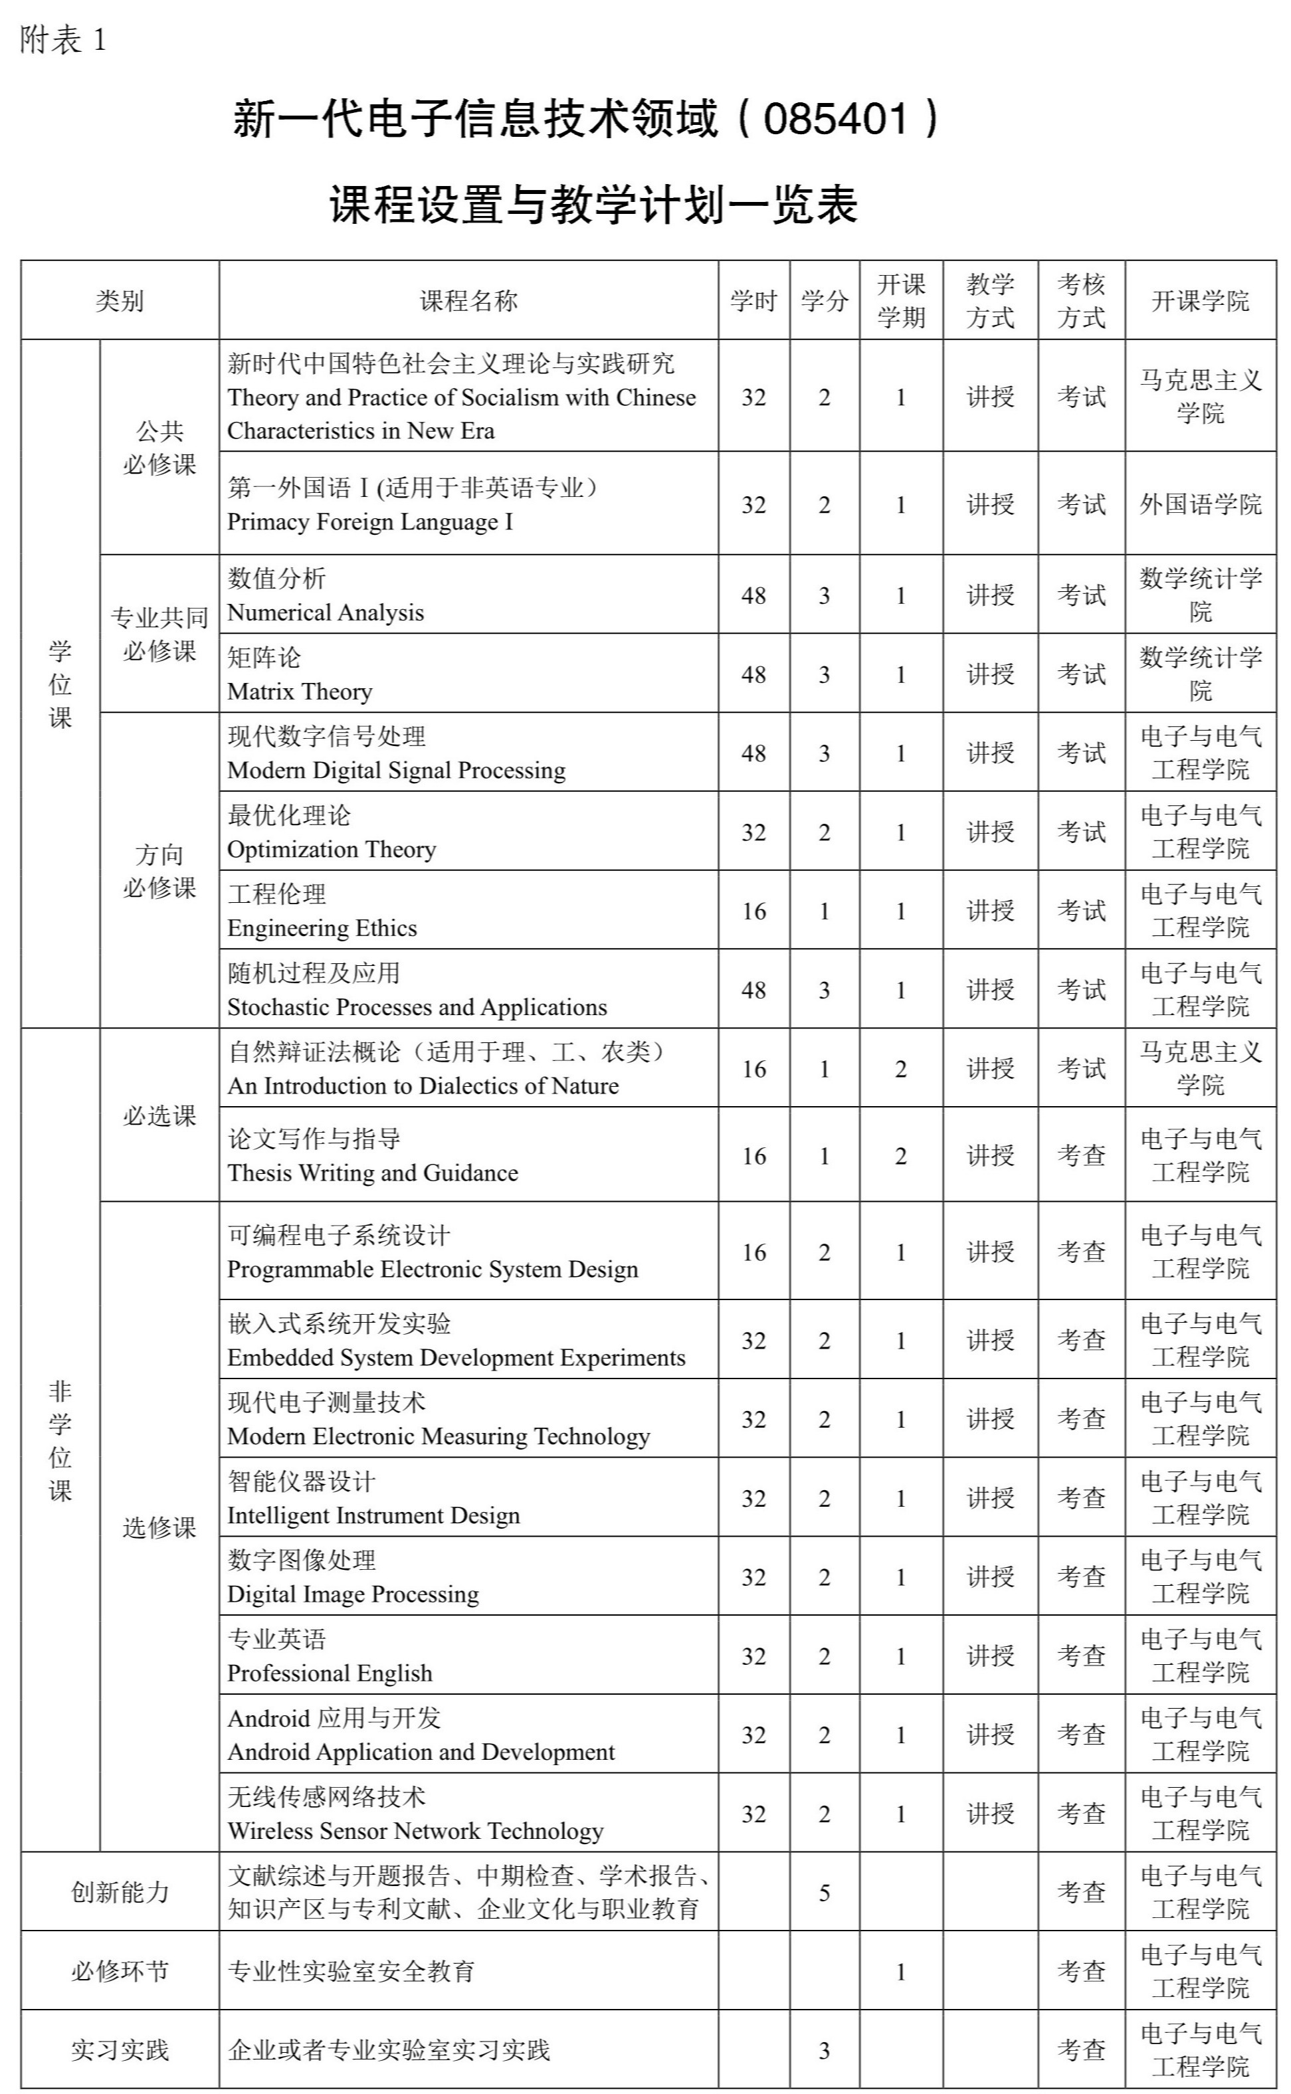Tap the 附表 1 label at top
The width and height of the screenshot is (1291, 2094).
(63, 40)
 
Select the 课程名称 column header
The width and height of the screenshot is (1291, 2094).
(468, 300)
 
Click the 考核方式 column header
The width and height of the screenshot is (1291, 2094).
(1081, 300)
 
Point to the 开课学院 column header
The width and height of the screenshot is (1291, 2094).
(1199, 300)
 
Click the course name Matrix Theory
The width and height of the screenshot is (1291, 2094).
(300, 691)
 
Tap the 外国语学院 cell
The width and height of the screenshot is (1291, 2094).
(1199, 504)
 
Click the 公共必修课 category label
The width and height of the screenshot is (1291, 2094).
(159, 447)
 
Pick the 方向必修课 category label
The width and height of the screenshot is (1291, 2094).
(159, 871)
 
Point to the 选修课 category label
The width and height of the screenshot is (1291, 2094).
(159, 1527)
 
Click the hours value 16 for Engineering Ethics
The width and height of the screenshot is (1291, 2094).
(753, 911)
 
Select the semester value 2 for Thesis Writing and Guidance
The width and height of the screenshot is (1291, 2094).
(900, 1156)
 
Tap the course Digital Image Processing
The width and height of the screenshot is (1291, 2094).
(353, 1594)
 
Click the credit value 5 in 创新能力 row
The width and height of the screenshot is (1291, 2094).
(824, 1893)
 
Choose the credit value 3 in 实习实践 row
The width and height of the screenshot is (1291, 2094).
(824, 2050)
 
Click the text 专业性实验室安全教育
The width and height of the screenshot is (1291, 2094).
(351, 1971)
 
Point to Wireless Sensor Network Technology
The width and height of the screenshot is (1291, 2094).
(415, 1830)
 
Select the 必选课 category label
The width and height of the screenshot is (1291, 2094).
(159, 1115)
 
